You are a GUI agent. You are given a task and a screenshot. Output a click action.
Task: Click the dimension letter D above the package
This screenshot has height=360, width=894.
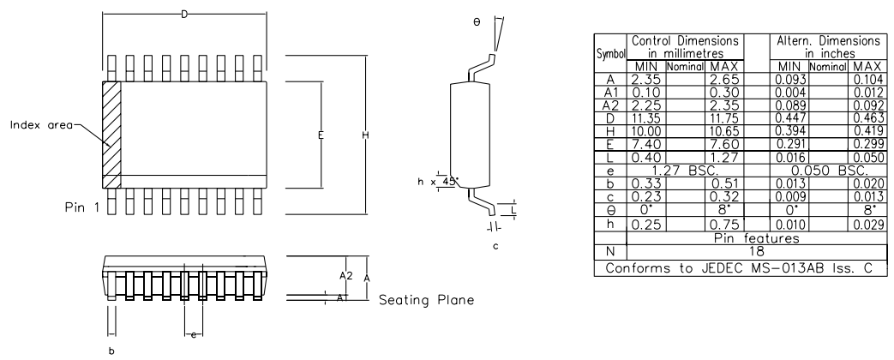tap(185, 14)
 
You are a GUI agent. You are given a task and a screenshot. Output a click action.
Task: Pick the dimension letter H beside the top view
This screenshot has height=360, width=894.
tap(366, 136)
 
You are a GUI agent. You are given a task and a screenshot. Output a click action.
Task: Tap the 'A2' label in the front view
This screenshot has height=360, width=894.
tap(345, 275)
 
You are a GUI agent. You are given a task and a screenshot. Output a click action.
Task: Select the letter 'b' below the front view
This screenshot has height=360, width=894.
tap(109, 350)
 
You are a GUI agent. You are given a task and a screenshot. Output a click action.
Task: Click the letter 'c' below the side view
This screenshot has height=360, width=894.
tap(495, 247)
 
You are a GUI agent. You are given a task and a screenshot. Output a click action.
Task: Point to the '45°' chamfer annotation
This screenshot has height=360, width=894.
tap(450, 181)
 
